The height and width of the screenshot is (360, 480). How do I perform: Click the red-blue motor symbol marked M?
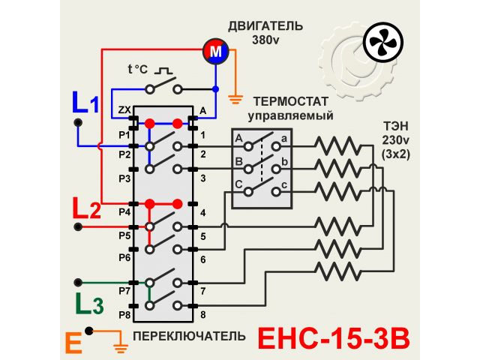[215, 51]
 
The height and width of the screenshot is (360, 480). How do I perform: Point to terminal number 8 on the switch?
[202, 315]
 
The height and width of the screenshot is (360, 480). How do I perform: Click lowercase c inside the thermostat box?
[285, 184]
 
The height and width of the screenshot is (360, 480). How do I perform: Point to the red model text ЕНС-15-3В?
[334, 338]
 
